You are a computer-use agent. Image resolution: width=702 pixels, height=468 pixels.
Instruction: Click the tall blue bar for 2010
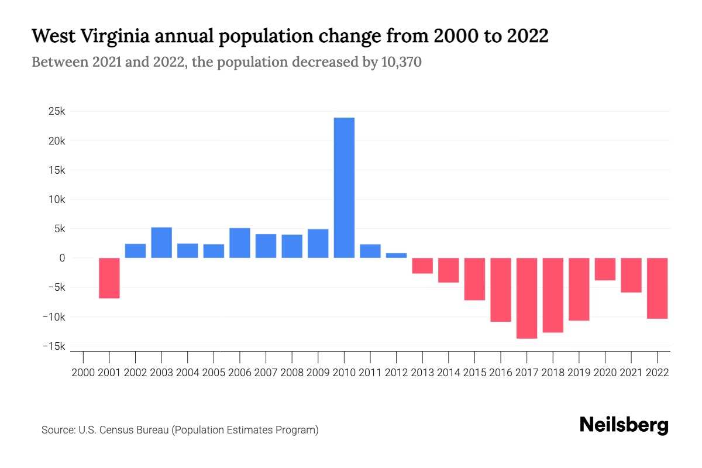click(344, 188)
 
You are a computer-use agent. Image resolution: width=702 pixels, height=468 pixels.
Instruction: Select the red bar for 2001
click(109, 278)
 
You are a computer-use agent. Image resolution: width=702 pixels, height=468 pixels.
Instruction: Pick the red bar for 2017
click(526, 298)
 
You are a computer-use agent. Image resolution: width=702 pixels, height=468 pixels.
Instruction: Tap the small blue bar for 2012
click(396, 255)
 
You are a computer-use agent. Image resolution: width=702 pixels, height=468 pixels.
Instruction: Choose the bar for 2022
click(657, 288)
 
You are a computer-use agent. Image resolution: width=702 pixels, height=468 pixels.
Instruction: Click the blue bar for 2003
click(161, 242)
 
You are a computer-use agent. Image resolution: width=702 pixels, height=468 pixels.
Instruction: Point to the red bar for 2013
click(422, 266)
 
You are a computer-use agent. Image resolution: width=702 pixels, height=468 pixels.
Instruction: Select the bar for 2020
click(605, 269)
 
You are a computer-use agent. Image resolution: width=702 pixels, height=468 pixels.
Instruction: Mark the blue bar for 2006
click(240, 243)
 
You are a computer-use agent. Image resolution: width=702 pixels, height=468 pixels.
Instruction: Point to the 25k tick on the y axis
click(57, 111)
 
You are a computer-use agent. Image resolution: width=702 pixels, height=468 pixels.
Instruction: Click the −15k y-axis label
click(53, 346)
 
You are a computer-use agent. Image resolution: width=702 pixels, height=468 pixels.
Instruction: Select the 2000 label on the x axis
click(83, 372)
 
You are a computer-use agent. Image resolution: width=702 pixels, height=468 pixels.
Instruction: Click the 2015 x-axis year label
click(474, 372)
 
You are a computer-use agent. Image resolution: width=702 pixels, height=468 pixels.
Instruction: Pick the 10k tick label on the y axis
click(57, 199)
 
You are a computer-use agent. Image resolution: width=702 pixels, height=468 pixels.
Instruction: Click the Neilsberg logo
click(624, 425)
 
